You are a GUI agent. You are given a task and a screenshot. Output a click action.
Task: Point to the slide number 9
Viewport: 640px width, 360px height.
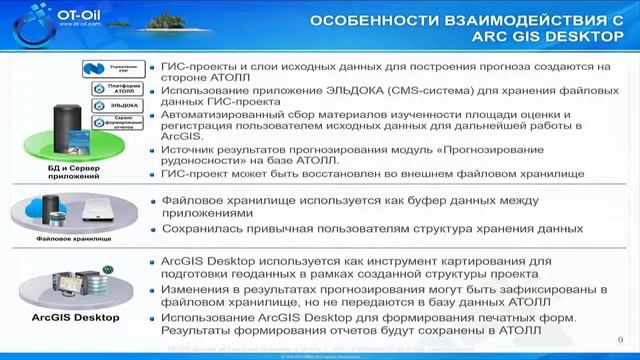point(622,337)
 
